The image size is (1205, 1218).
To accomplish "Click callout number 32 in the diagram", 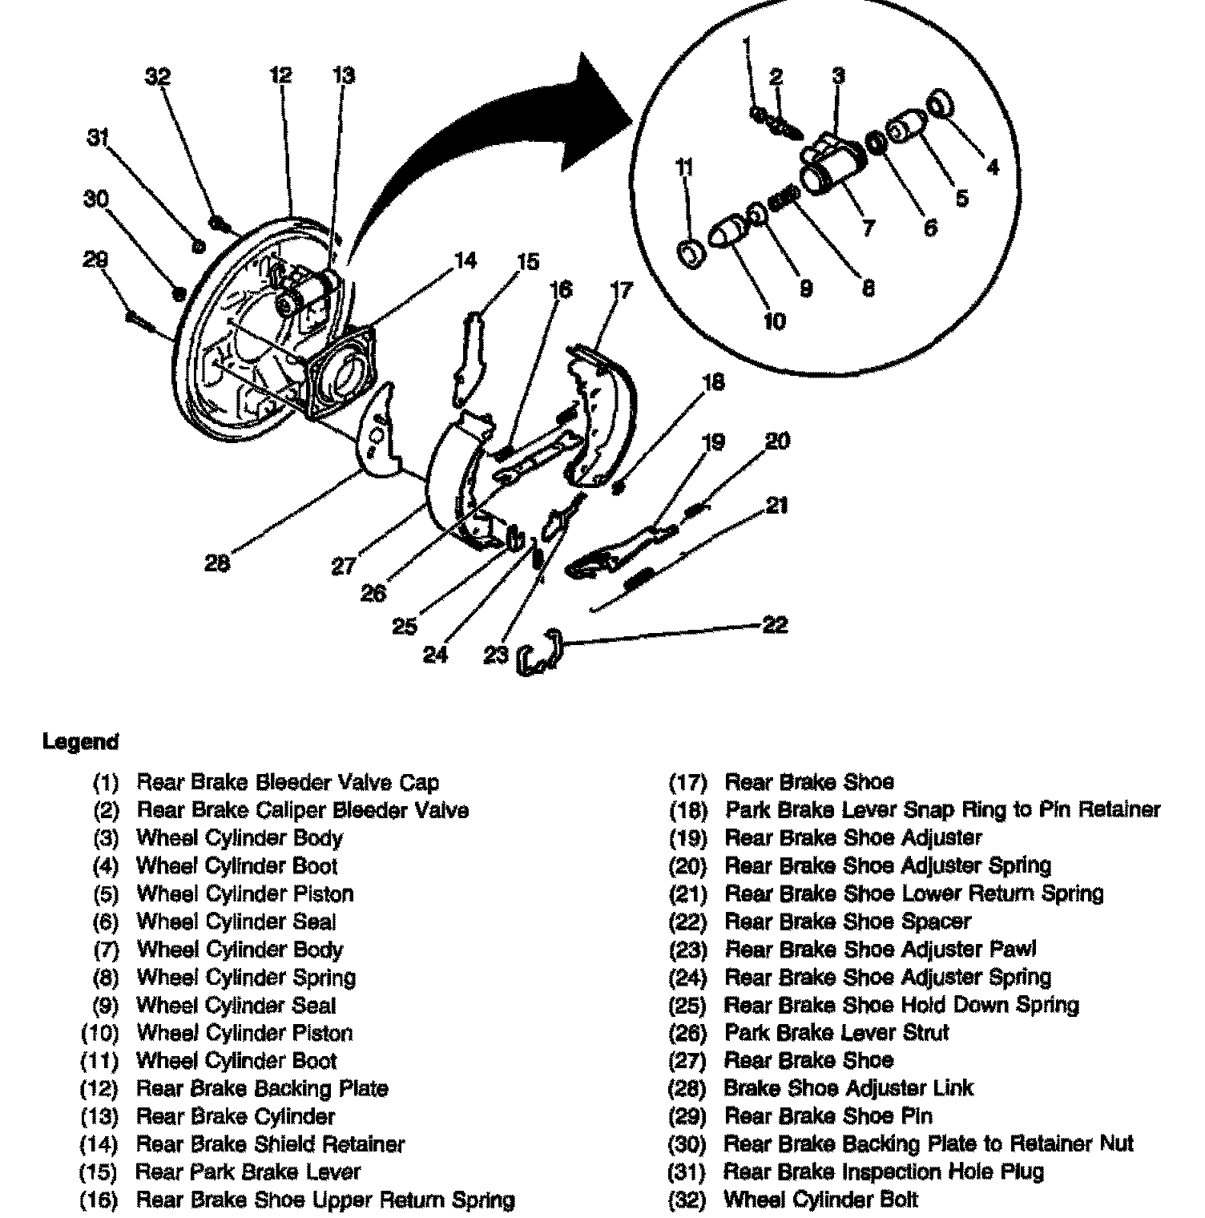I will click(159, 77).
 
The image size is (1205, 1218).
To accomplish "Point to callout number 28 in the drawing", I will click(217, 563).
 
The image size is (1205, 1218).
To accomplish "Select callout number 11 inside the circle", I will click(684, 168).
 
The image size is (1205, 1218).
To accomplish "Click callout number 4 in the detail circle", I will click(993, 167).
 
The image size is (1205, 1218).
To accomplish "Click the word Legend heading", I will click(80, 742).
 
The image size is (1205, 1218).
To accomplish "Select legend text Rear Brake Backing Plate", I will click(263, 1088).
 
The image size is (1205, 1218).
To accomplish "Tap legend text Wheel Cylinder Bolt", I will click(821, 1200).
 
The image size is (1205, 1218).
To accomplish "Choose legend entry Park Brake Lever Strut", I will click(836, 1032).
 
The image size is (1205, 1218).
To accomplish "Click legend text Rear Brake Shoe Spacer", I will click(848, 922).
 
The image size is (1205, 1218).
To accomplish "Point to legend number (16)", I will click(99, 1200).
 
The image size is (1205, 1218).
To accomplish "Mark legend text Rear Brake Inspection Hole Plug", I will click(884, 1172).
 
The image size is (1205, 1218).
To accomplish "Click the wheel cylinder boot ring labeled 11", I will click(691, 253).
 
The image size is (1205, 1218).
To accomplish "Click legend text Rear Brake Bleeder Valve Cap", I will click(288, 782).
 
